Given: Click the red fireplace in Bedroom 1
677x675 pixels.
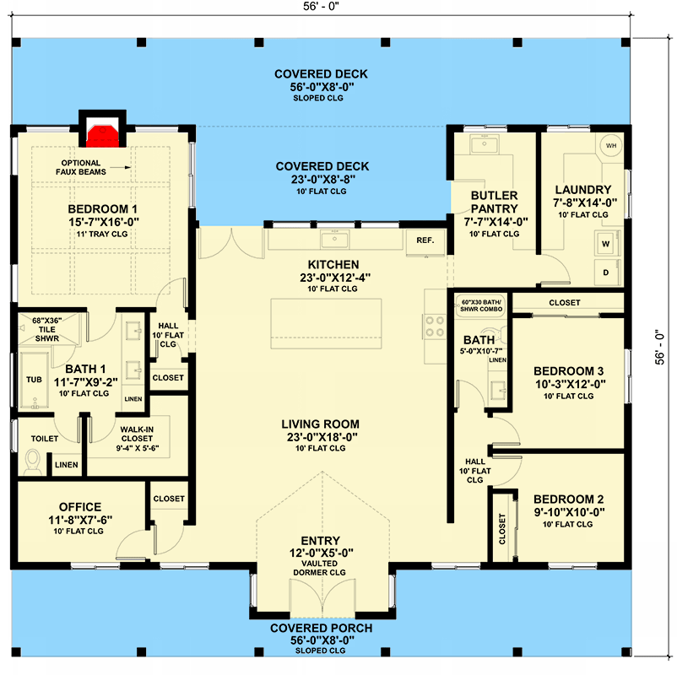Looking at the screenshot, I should [x=102, y=132].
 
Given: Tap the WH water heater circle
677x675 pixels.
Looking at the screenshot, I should [x=611, y=146].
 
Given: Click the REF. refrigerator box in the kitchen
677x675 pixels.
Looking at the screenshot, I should [x=425, y=240].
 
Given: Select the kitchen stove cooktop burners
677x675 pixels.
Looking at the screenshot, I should [x=436, y=326].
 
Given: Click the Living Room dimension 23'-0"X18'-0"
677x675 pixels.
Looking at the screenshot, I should [x=321, y=437].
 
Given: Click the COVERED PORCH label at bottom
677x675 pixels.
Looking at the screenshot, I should [x=321, y=629].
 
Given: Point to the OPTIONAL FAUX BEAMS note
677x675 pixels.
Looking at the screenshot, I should [x=81, y=168].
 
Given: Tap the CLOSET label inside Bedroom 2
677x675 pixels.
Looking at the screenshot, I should [x=502, y=530].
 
